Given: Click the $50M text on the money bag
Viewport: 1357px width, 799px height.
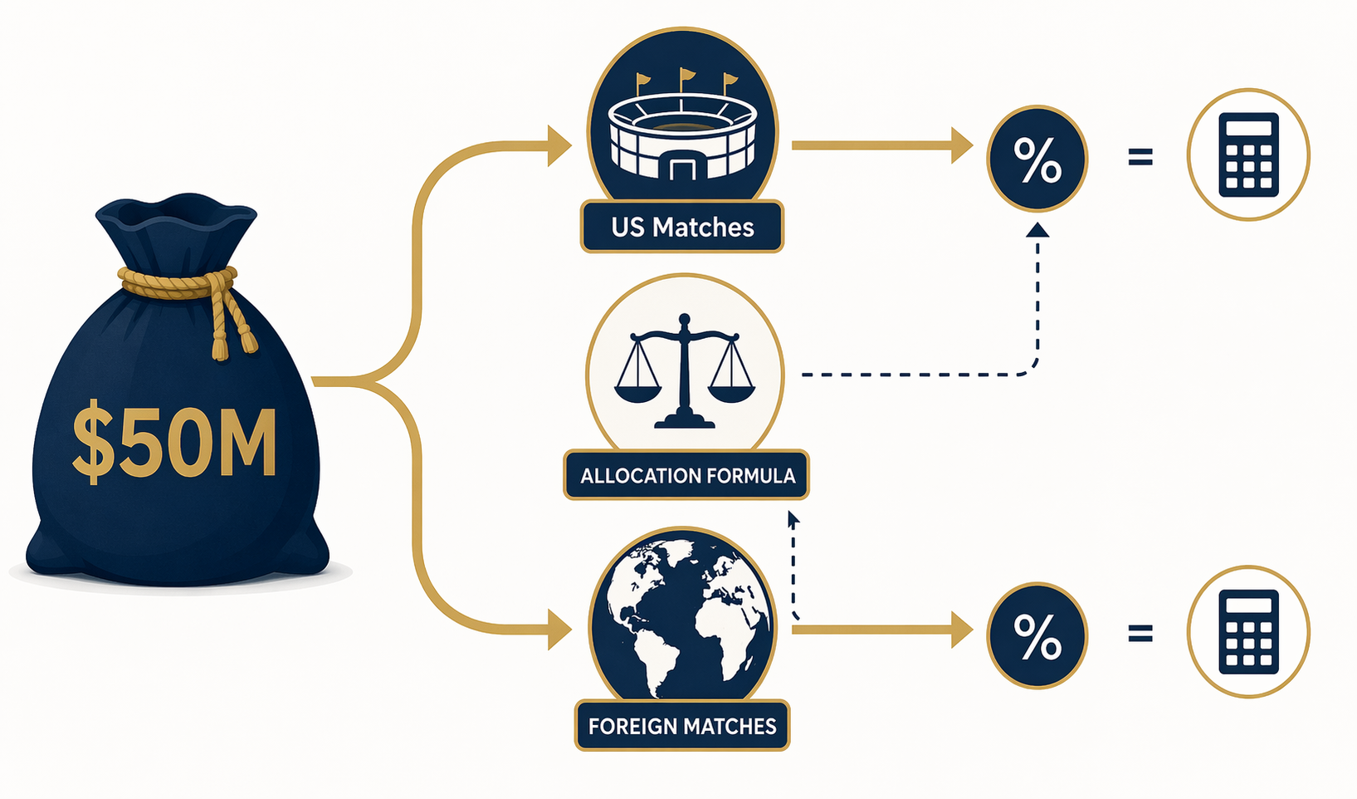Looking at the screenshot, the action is (174, 441).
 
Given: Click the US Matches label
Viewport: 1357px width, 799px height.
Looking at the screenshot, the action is (682, 228).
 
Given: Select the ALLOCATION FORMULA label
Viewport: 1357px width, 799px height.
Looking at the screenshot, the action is (687, 476).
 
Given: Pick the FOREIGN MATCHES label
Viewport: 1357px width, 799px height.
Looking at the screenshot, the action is (682, 726).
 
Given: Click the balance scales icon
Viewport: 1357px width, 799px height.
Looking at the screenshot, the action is (685, 371).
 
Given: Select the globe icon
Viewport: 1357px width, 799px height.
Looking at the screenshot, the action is (683, 616).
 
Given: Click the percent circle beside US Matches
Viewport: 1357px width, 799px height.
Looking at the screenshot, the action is (1037, 159).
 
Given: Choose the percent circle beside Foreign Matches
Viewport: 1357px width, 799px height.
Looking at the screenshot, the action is (1037, 635).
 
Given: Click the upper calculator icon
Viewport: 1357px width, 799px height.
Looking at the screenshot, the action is (1248, 154).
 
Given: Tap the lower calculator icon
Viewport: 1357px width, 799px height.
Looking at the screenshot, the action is (1248, 632).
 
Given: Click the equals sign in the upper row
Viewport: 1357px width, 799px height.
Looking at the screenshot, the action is (1140, 158).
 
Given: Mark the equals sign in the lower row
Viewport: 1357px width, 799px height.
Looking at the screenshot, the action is (1140, 634).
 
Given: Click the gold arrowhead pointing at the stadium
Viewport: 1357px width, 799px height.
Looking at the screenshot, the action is (559, 145).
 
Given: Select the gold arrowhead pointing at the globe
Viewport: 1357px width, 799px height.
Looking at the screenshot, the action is (559, 630).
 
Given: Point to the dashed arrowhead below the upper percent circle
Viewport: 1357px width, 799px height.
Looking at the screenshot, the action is (1037, 230).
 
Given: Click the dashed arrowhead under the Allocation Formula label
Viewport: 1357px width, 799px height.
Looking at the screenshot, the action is (793, 520).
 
